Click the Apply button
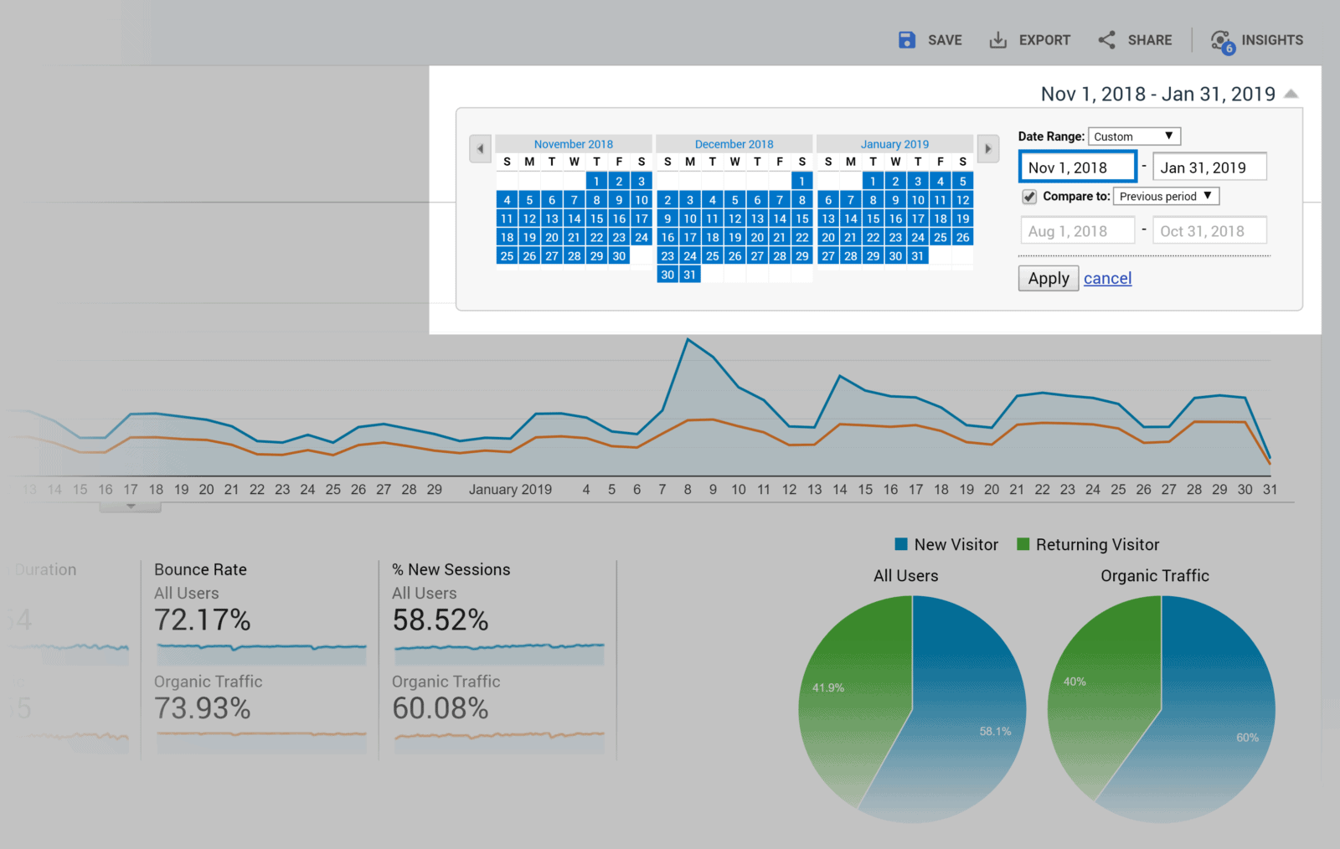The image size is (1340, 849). (1048, 279)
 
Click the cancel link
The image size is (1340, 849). (1107, 279)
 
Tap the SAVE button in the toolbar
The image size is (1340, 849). (930, 40)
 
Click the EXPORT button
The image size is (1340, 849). (1029, 40)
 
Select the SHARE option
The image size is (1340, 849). (1135, 40)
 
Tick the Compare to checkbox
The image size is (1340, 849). (1029, 197)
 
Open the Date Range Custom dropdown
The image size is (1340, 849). (1134, 136)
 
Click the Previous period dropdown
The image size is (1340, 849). (1165, 197)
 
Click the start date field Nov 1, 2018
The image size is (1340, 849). (1077, 167)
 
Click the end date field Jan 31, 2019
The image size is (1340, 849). (1209, 167)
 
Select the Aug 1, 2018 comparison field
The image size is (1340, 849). (1077, 231)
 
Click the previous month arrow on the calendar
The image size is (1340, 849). (480, 149)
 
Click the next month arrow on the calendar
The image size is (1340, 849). (988, 149)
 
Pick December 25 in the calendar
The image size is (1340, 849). (712, 256)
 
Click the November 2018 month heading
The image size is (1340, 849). (573, 144)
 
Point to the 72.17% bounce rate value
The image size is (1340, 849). (203, 620)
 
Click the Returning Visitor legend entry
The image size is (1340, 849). (1088, 545)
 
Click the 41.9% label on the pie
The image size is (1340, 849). (827, 688)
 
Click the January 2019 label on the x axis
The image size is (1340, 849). (510, 490)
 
